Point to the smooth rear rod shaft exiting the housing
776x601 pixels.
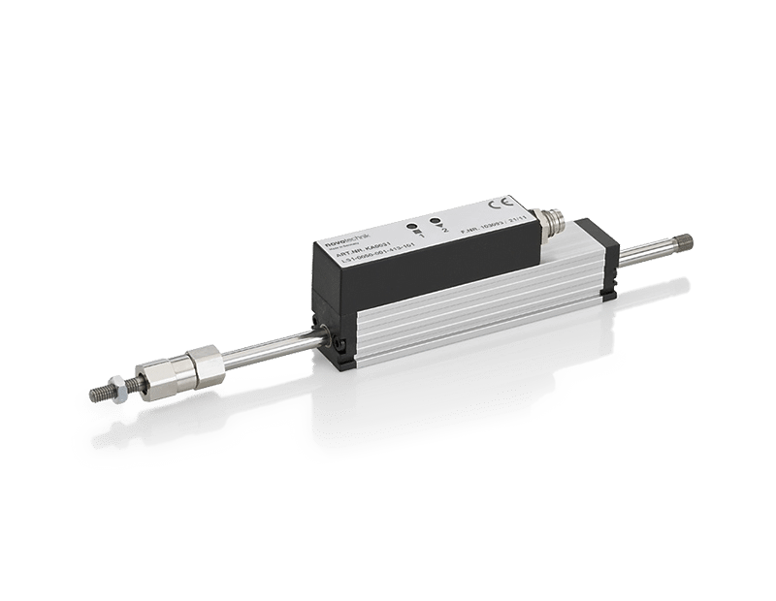tap(645, 256)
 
